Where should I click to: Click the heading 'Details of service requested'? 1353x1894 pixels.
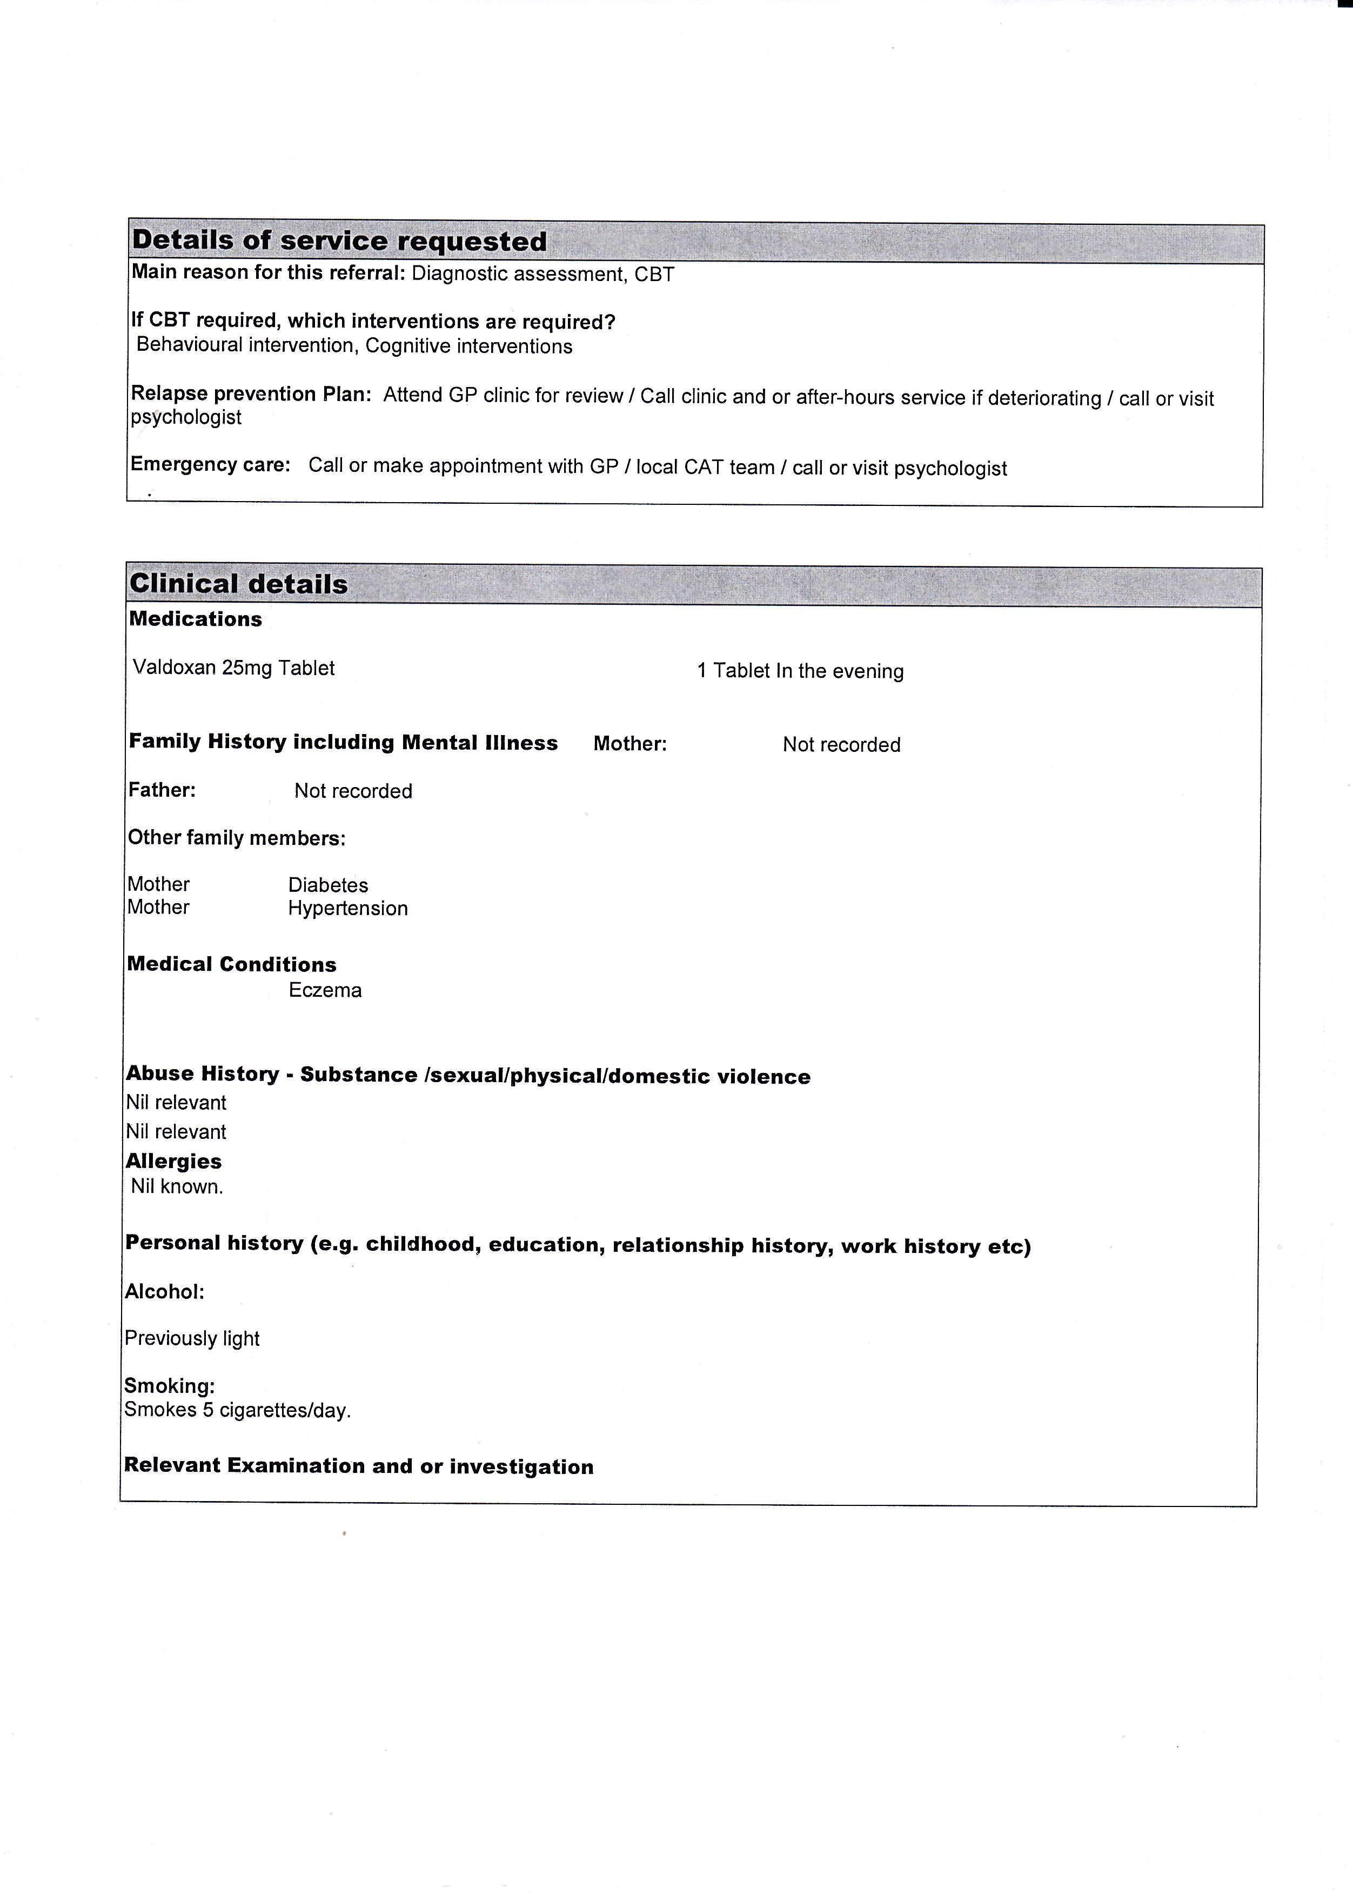[339, 241]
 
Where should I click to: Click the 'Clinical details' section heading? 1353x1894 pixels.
[238, 583]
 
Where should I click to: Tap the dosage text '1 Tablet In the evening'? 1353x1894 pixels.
[800, 671]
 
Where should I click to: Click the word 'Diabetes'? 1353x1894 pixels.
[327, 885]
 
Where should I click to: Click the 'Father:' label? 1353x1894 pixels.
[162, 790]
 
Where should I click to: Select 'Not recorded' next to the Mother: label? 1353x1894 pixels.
[841, 744]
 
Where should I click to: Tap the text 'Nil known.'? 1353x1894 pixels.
[177, 1186]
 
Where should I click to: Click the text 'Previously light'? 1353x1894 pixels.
[192, 1338]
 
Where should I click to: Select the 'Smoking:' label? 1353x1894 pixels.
[169, 1386]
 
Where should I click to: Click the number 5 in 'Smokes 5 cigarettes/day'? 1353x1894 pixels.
[208, 1410]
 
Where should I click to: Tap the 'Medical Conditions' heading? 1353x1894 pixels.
[232, 964]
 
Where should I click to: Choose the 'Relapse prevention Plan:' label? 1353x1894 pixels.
[251, 394]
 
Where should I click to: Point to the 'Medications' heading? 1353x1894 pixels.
[195, 619]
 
